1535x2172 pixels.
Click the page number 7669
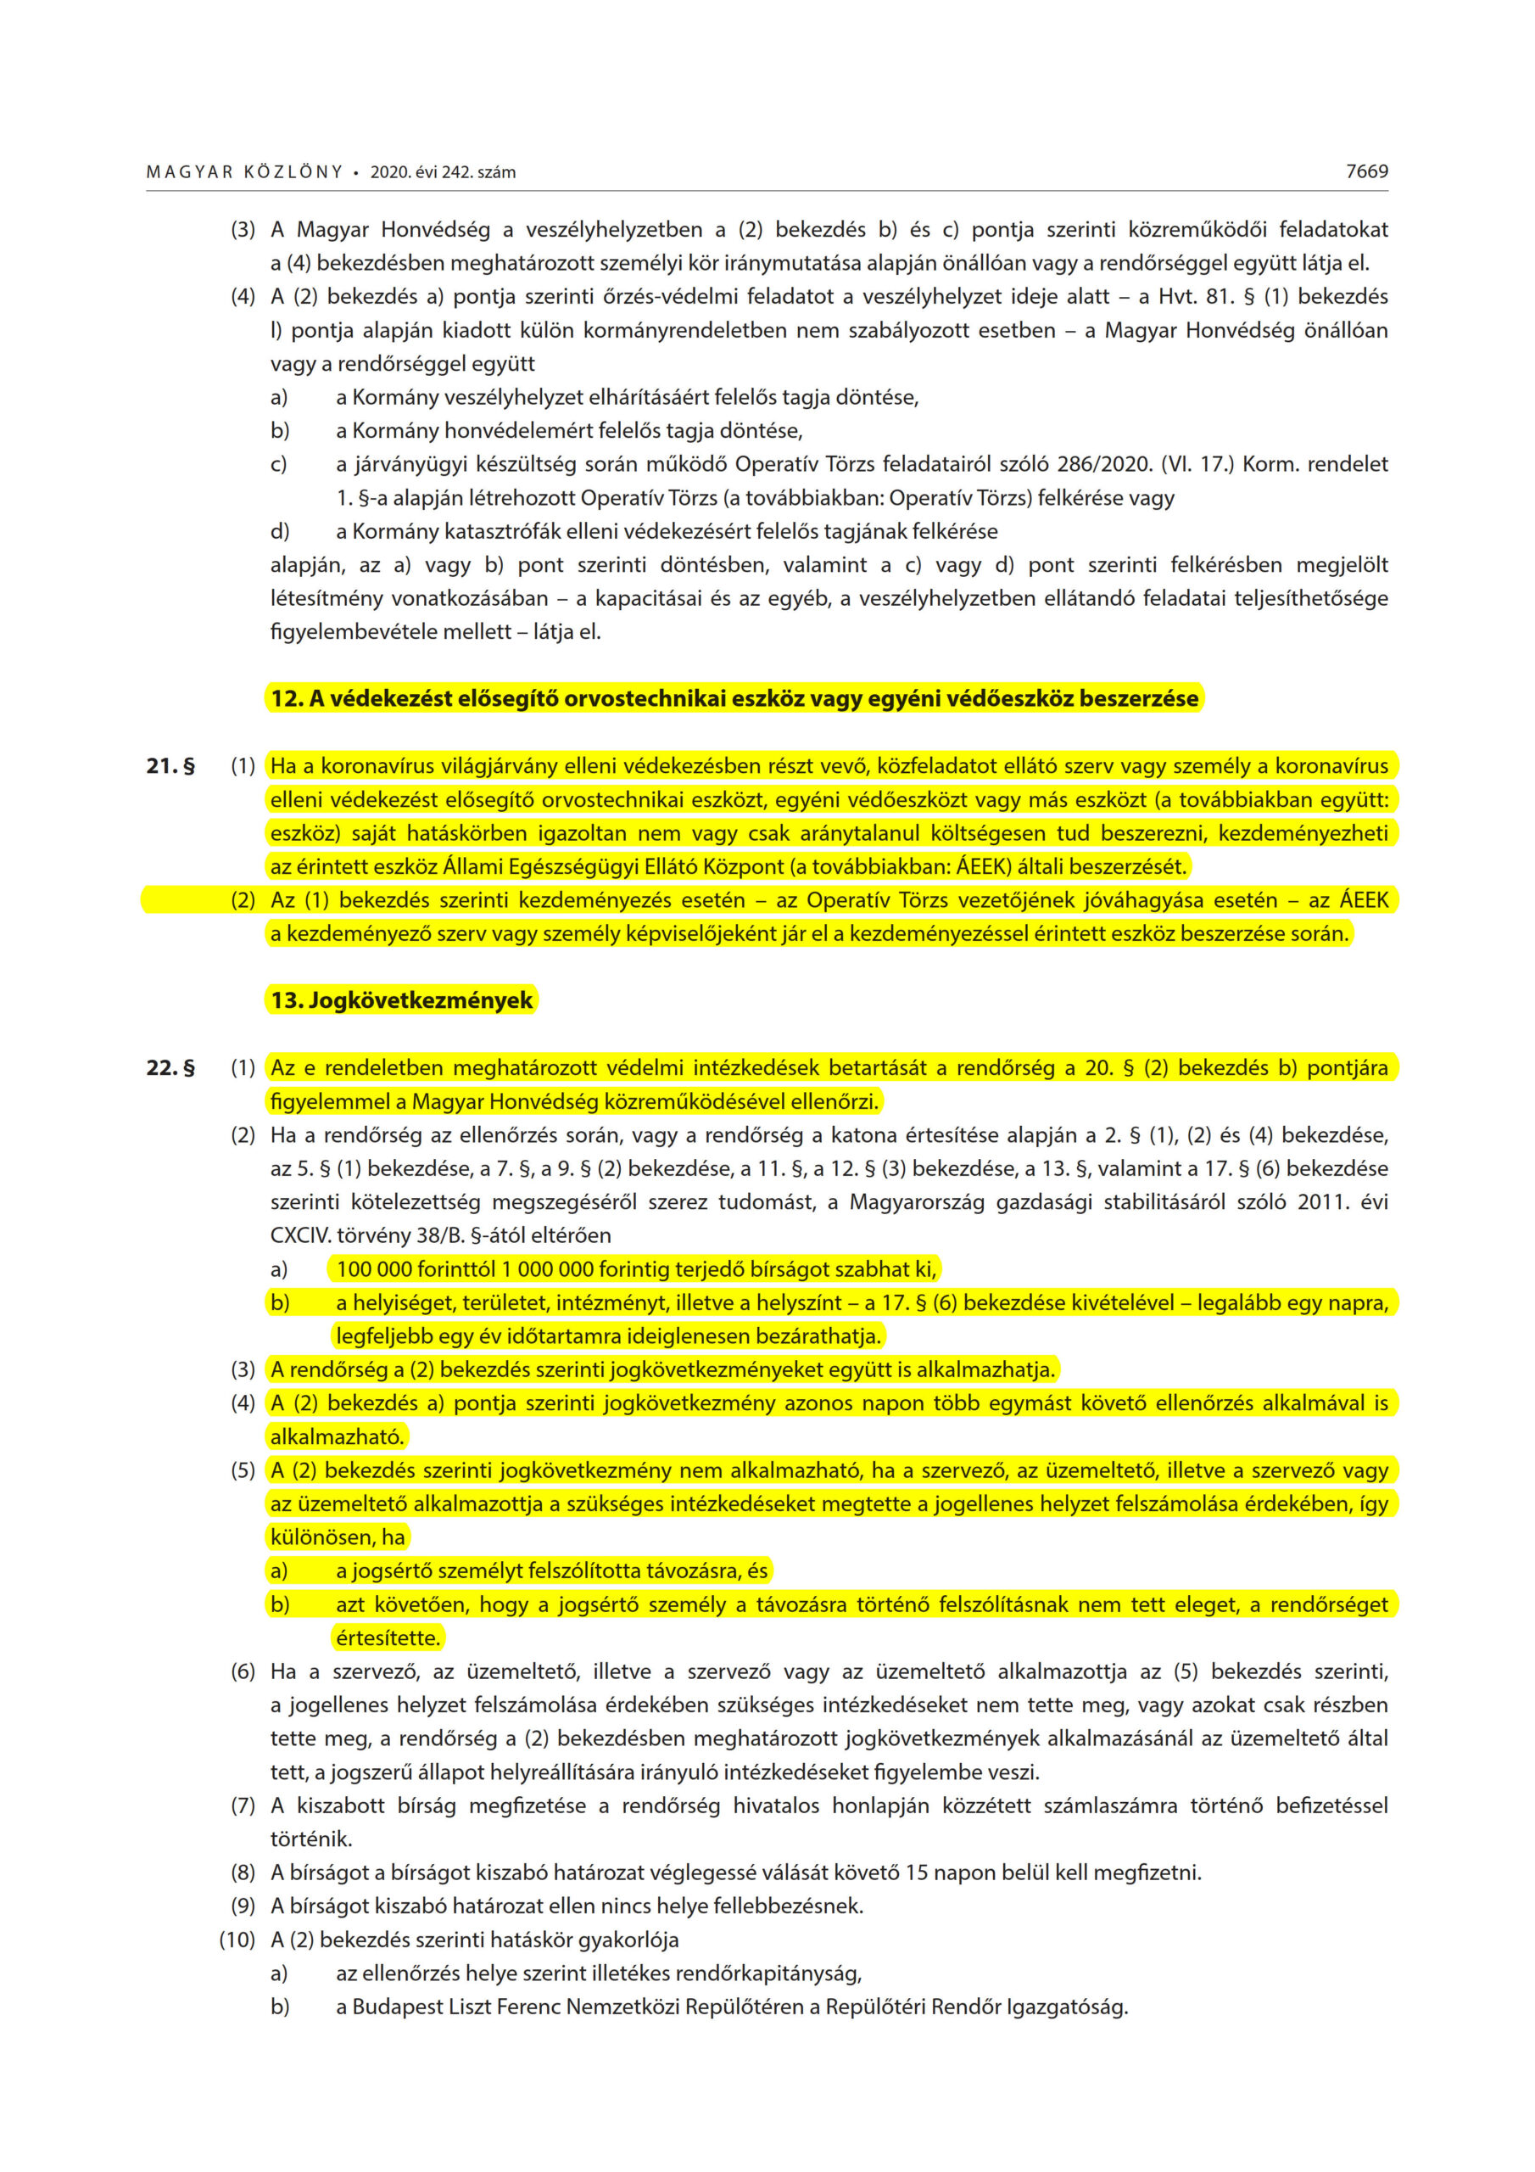[1366, 171]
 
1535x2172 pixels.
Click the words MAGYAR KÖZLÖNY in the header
[244, 172]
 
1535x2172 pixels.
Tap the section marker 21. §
[170, 765]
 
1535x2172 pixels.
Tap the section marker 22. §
[170, 1067]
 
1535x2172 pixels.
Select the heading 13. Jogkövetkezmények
[401, 1000]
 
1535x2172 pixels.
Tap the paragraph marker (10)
[237, 1940]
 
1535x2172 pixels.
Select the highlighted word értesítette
[388, 1637]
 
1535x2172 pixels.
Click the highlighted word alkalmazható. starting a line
[337, 1436]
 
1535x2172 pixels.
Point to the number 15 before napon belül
[918, 1873]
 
